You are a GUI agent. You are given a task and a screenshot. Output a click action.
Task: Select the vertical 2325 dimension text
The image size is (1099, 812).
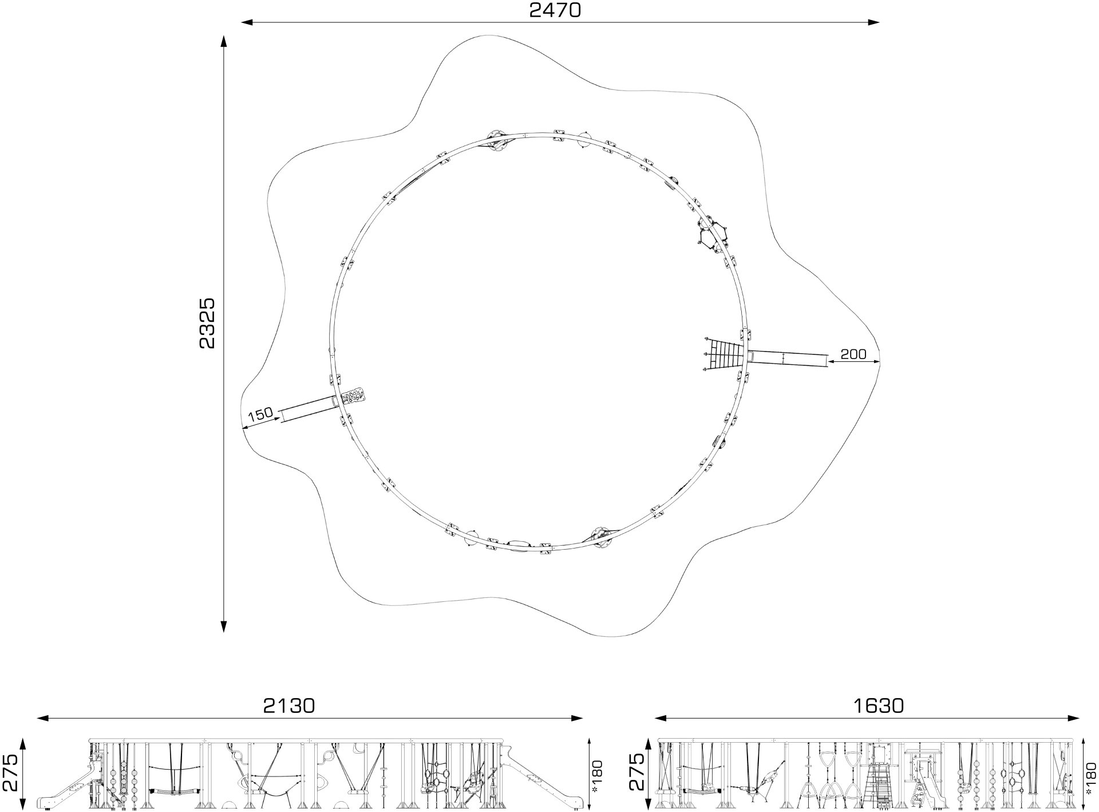click(207, 323)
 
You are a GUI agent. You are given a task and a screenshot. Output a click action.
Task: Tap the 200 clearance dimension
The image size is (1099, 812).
click(853, 354)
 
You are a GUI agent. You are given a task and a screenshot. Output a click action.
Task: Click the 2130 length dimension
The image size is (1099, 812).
click(289, 705)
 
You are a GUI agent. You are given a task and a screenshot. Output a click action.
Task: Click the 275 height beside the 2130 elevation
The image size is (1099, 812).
click(11, 771)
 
